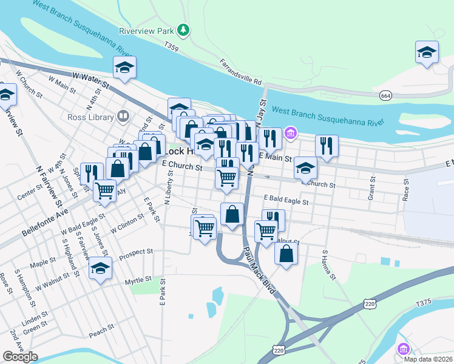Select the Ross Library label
pos(91,117)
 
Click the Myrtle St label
pos(137,280)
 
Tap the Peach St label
pos(101,329)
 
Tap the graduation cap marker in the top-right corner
pos(427,52)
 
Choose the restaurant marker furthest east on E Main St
pos(327,145)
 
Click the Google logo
pos(20,357)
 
